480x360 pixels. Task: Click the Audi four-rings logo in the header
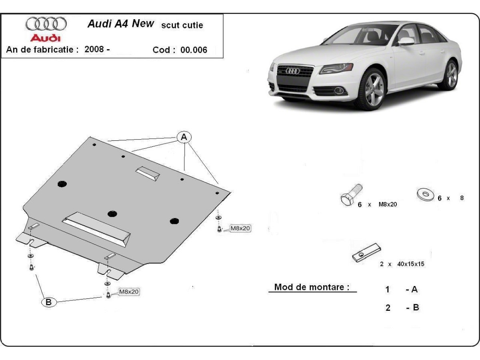pos(46,24)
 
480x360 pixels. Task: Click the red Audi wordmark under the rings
pos(46,38)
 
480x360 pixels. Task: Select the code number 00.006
pos(194,50)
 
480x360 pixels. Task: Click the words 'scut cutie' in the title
pos(182,25)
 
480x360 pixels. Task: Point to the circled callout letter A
pos(184,138)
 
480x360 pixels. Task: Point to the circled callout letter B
pos(48,302)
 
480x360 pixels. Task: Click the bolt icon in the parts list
pos(351,195)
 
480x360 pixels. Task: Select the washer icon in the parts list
pos(426,195)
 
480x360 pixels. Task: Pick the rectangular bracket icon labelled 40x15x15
pos(366,253)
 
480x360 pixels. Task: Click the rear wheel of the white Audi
pos(452,75)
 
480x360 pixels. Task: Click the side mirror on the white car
pos(406,41)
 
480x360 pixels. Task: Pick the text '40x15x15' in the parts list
pos(411,264)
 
